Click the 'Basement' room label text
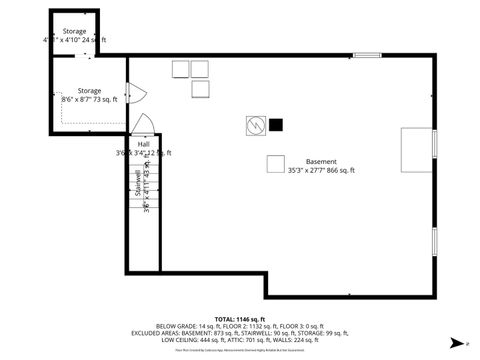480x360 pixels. coord(321,162)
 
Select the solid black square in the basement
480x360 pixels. coord(275,125)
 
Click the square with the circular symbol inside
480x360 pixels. coord(256,126)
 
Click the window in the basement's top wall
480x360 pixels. coord(366,56)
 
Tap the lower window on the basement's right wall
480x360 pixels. coord(436,240)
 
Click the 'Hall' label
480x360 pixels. coord(144,144)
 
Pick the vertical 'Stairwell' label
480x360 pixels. coord(137,185)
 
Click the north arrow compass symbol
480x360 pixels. coord(456,342)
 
